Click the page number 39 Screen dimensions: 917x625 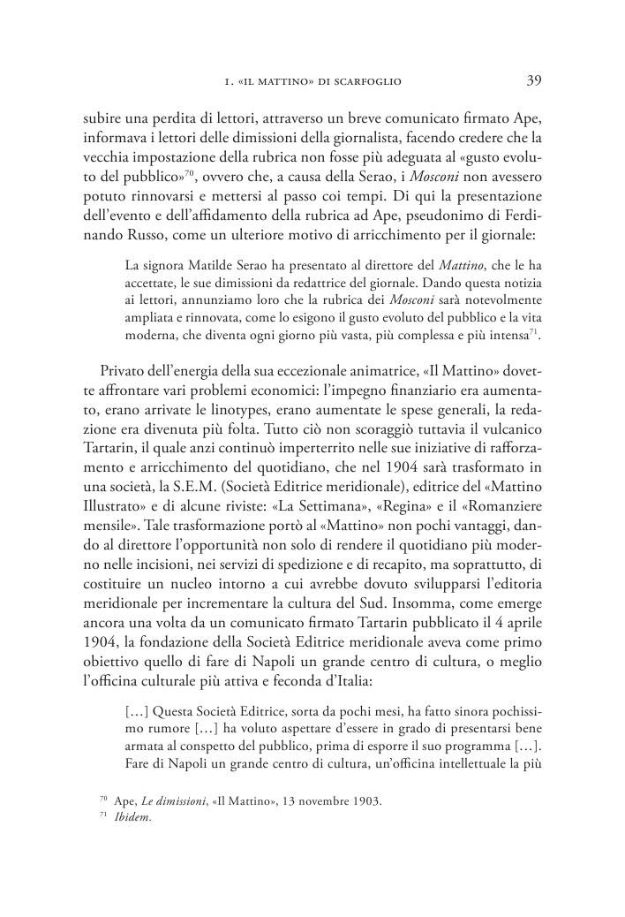pos(534,80)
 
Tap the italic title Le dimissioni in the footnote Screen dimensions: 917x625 pos(177,801)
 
